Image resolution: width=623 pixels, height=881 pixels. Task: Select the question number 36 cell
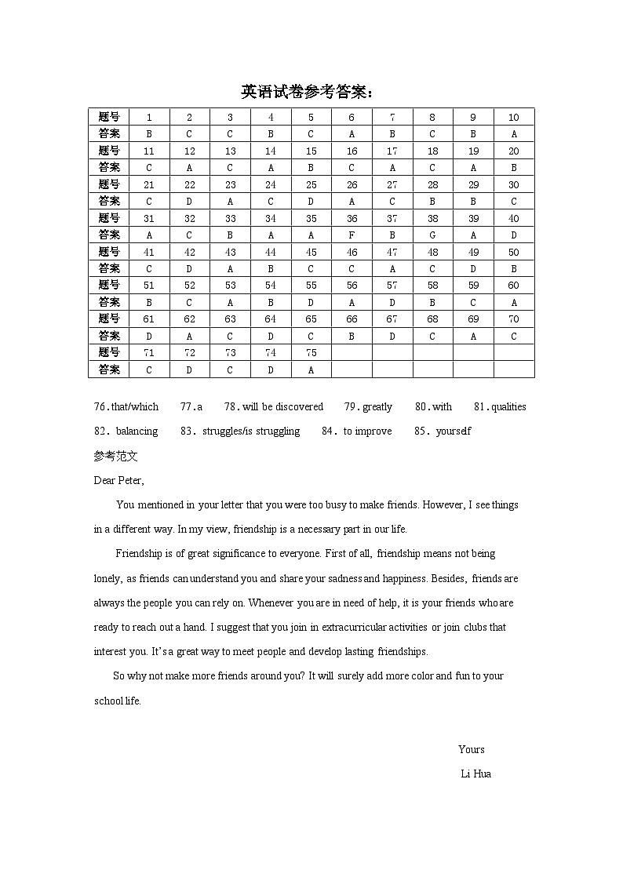coord(352,219)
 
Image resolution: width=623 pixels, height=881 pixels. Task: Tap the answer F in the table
coord(352,235)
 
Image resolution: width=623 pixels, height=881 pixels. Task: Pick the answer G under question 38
coord(432,235)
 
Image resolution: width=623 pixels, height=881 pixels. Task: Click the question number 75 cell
coord(311,353)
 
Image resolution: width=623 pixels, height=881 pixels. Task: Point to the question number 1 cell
coord(149,118)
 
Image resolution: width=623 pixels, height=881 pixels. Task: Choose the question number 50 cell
coord(514,253)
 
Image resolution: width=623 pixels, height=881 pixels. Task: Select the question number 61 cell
coord(149,319)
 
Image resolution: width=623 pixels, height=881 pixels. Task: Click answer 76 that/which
coord(126,406)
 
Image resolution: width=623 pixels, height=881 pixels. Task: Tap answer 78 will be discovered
coord(274,406)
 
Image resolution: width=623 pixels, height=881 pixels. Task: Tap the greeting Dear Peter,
coord(118,480)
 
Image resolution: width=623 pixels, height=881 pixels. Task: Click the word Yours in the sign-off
coord(472,749)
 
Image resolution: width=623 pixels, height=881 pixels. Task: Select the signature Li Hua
coord(475,774)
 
